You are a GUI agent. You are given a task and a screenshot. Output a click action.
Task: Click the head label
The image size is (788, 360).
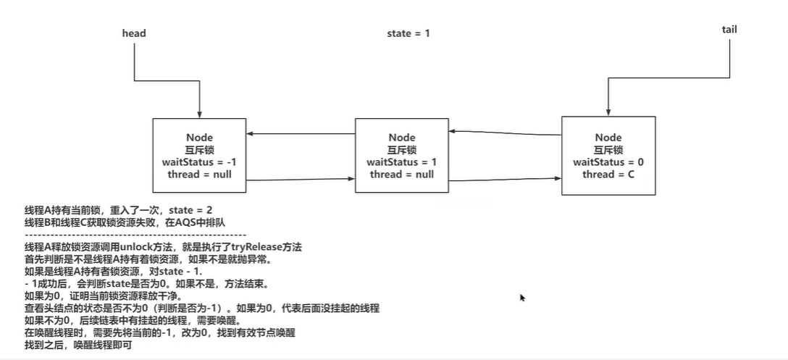click(134, 33)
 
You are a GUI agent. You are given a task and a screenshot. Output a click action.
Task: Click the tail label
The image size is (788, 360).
click(729, 30)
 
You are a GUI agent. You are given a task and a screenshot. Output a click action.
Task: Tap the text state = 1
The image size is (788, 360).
click(409, 33)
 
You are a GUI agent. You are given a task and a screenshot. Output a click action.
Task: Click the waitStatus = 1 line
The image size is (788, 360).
click(402, 162)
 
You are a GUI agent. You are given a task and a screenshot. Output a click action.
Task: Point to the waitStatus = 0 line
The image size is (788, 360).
click(608, 162)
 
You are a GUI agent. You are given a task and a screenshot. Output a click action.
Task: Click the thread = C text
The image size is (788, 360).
click(608, 174)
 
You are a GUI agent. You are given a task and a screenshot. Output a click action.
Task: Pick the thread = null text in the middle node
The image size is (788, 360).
click(402, 174)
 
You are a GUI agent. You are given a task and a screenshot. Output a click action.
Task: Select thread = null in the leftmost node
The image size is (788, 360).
click(198, 174)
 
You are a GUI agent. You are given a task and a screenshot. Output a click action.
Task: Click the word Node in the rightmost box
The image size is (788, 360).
click(608, 138)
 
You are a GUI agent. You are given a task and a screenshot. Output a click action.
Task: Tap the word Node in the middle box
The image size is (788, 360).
click(402, 138)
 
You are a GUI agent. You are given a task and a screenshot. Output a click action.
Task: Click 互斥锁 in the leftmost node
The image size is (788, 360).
click(198, 150)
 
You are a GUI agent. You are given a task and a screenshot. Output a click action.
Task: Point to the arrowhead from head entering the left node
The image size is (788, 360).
click(198, 117)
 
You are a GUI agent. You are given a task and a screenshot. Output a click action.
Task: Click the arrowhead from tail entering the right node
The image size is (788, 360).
click(608, 111)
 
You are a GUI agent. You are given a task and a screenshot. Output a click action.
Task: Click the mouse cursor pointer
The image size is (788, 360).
click(522, 297)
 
